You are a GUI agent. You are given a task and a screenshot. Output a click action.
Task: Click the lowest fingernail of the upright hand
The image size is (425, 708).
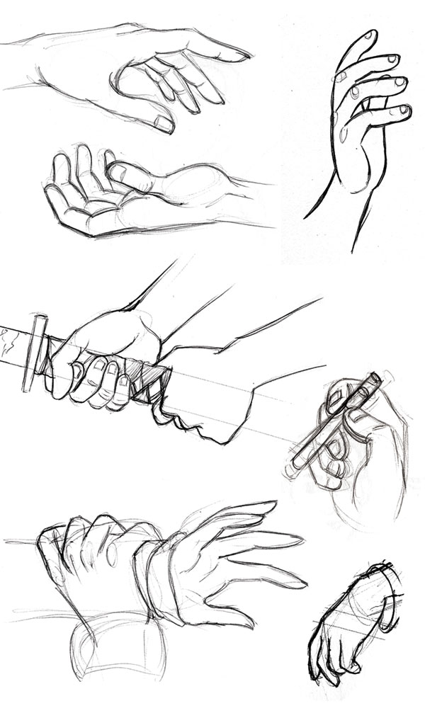point(404,110)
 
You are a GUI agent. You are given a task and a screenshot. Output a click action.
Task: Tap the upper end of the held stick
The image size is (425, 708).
point(374,380)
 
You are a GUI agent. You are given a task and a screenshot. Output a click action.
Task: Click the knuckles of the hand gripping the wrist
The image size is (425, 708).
point(85,531)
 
